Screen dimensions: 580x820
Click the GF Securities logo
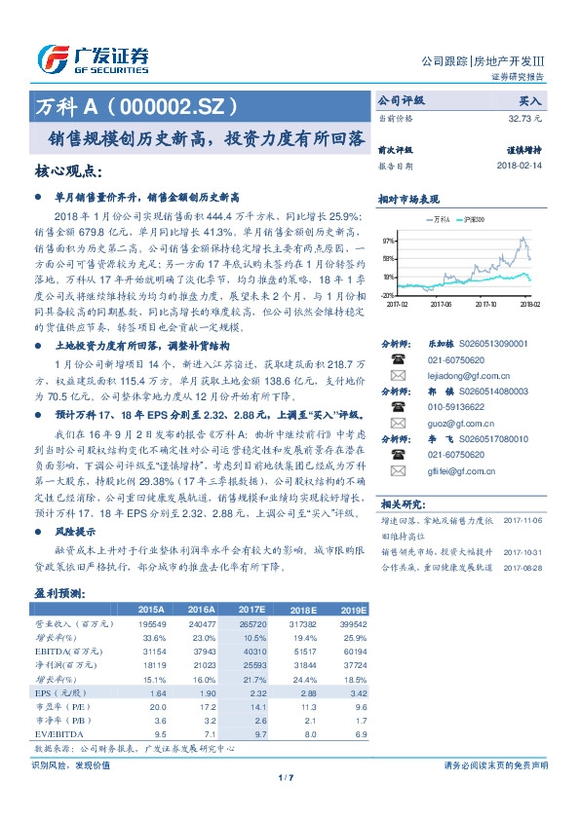pos(93,58)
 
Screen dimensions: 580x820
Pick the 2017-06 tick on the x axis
pos(441,303)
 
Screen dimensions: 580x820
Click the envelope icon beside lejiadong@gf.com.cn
pos(397,375)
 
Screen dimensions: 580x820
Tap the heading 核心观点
pos(68,171)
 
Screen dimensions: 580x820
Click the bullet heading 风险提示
pos(75,532)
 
